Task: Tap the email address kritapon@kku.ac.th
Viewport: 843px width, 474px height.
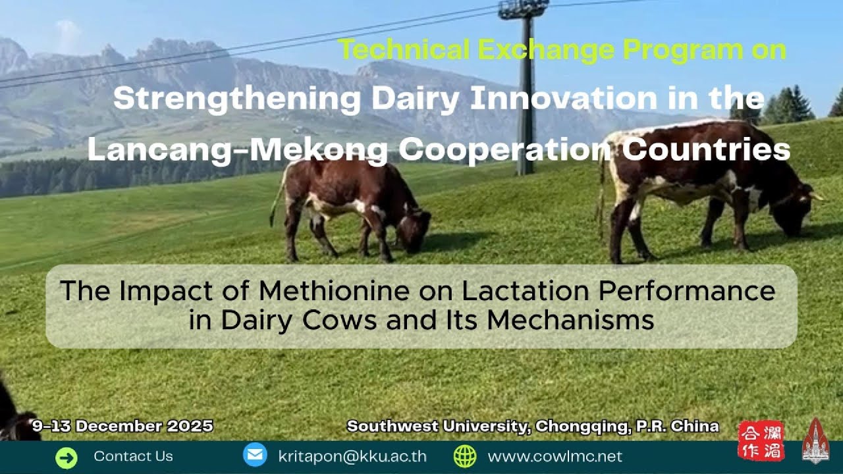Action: point(352,456)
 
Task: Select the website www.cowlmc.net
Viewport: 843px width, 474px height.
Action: point(555,456)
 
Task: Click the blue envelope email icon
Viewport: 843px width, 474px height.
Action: point(255,456)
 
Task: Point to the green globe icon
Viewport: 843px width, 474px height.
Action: point(465,456)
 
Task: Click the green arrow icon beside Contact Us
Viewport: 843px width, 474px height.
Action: point(67,457)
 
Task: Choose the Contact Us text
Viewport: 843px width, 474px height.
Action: point(133,456)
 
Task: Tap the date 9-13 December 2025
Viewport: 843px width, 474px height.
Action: point(123,426)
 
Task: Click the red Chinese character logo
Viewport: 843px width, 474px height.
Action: point(761,440)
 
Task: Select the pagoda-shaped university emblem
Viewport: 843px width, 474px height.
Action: point(815,440)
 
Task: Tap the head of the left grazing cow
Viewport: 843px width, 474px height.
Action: point(414,231)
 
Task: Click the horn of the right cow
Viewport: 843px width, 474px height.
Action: point(817,196)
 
